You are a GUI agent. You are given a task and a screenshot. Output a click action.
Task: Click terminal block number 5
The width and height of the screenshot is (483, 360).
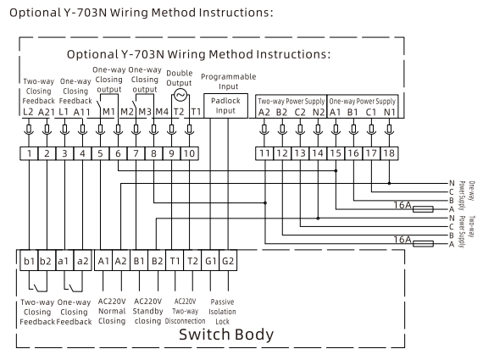click(100, 153)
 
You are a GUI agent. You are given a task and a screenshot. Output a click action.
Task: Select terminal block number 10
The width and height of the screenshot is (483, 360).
click(190, 153)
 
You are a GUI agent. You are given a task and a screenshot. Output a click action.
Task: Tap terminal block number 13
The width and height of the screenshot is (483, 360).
click(300, 153)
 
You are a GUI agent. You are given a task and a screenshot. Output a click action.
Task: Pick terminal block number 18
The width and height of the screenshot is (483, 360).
click(389, 153)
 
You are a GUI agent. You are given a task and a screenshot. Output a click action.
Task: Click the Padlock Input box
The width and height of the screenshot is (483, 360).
click(225, 106)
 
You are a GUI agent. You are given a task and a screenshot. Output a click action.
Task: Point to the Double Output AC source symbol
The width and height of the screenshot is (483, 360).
click(180, 95)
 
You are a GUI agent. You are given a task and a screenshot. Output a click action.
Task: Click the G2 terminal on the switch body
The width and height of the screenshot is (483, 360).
click(228, 261)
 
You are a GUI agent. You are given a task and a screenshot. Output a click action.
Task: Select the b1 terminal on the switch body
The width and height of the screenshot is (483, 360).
click(30, 261)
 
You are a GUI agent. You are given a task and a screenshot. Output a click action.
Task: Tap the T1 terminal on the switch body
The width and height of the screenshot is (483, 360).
click(175, 261)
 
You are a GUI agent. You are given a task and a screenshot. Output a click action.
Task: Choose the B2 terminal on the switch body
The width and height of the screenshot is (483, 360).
click(157, 261)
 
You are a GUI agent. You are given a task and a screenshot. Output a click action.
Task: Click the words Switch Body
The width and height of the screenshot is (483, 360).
click(226, 335)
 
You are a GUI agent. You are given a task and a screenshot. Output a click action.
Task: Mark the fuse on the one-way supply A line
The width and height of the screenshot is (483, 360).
click(423, 209)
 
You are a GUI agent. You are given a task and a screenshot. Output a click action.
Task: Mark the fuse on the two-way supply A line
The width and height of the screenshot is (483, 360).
click(423, 244)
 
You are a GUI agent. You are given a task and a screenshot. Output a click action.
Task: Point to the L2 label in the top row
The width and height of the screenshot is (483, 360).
click(28, 112)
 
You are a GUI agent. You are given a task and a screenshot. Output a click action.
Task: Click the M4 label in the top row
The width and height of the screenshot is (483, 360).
click(162, 112)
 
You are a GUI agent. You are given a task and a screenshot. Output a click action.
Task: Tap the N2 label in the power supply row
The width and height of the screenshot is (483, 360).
click(319, 113)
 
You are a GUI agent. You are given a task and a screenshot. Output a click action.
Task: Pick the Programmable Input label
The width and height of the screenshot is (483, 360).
click(229, 81)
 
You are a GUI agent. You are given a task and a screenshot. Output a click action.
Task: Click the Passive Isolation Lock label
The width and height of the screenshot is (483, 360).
click(222, 312)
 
